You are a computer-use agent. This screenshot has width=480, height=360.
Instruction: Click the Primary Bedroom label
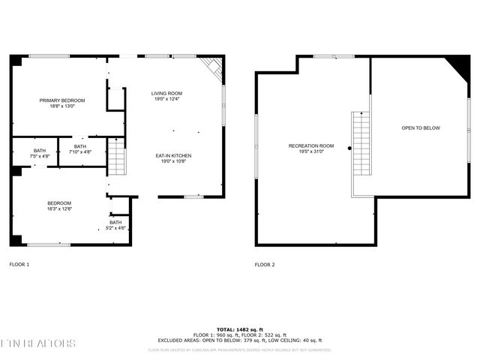pos(62,100)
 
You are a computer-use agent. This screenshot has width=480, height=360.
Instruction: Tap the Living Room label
pos(168,93)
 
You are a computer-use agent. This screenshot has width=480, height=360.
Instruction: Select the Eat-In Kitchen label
pos(173,155)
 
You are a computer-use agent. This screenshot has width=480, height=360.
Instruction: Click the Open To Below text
pos(421,128)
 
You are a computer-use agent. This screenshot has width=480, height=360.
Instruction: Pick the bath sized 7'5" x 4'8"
pos(39,151)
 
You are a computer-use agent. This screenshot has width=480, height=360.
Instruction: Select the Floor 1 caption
pos(19,264)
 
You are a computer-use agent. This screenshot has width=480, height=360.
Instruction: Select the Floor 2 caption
pos(265,264)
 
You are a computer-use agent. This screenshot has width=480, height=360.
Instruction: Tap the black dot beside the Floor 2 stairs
pos(349,148)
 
